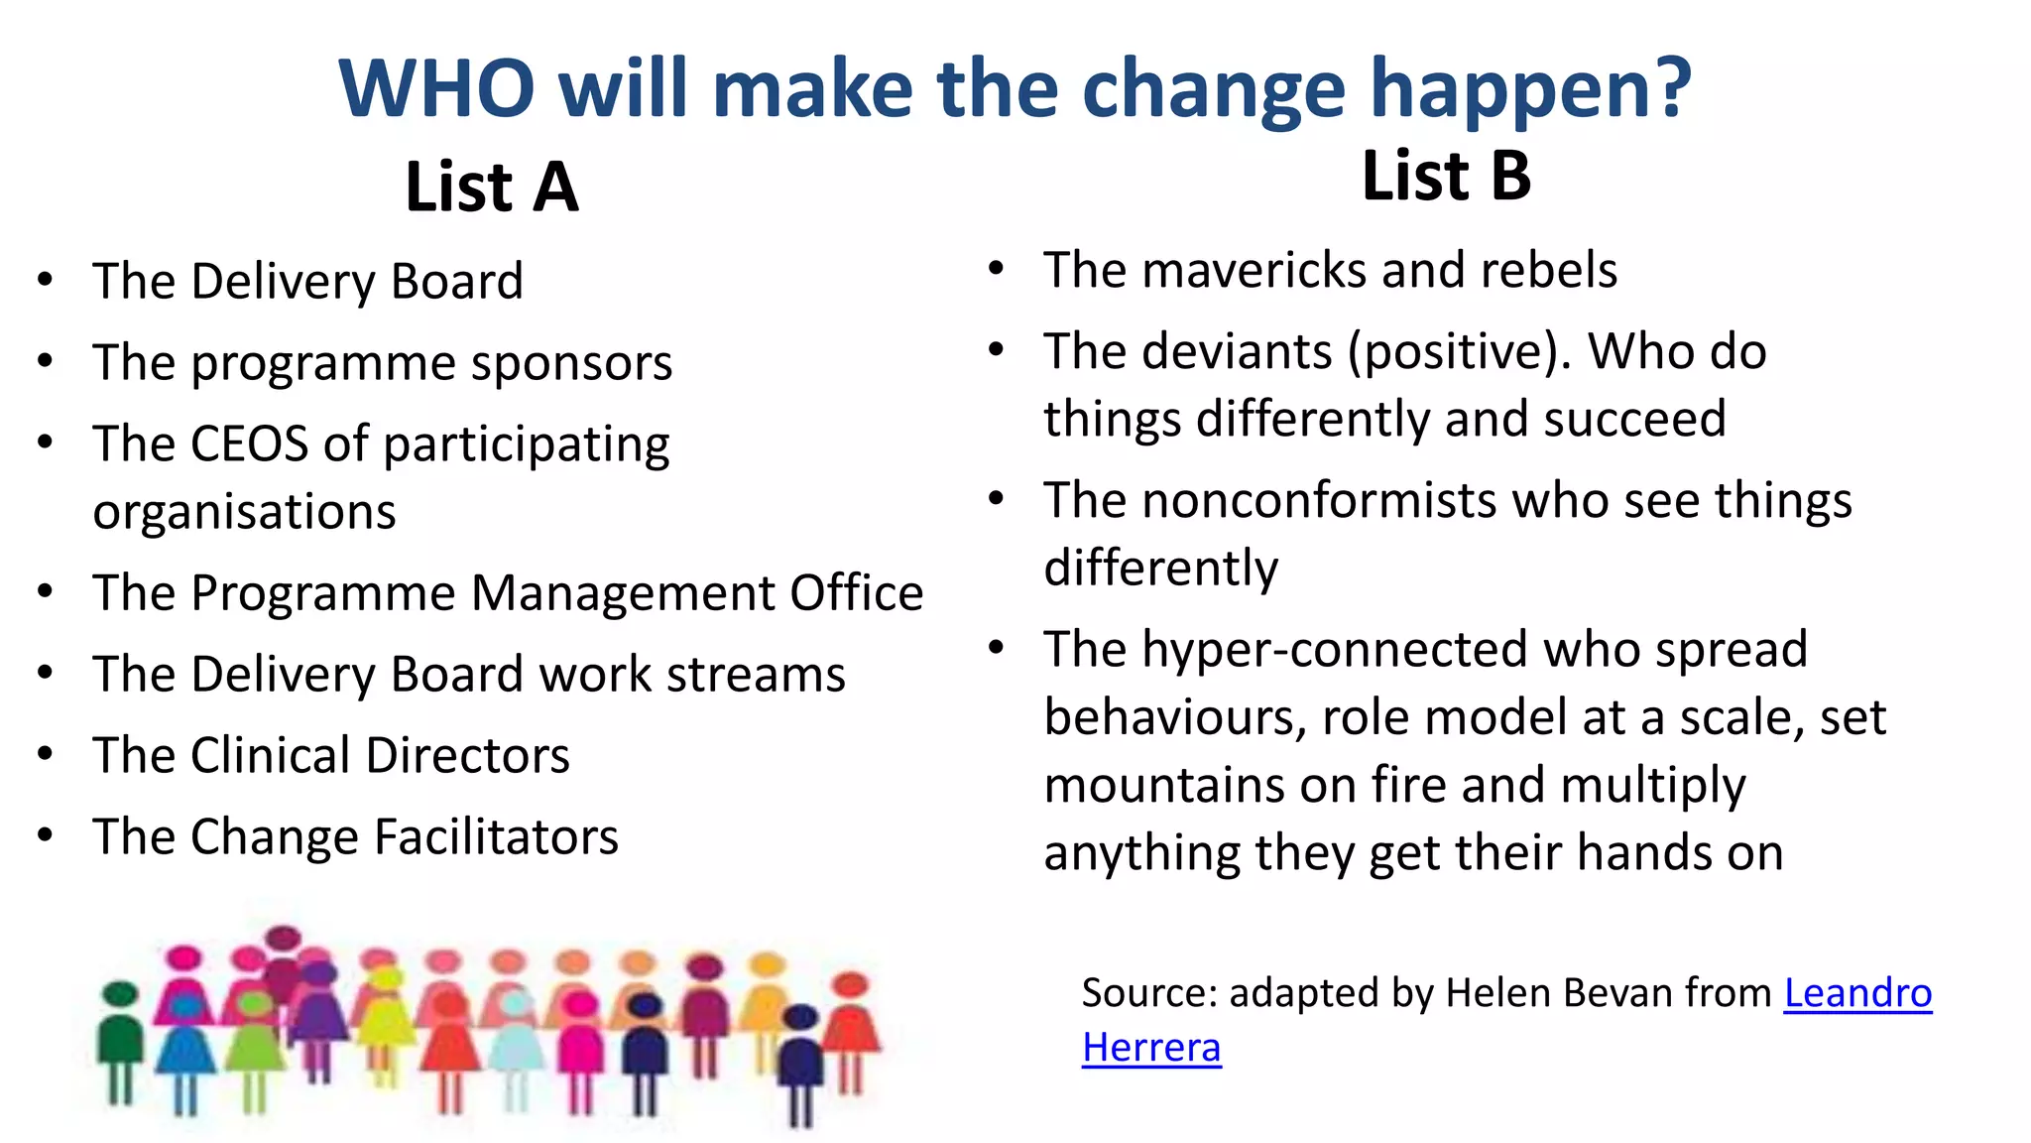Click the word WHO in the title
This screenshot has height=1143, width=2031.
tap(436, 89)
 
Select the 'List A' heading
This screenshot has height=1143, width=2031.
tap(491, 188)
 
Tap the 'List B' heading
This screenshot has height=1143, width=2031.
tap(1446, 177)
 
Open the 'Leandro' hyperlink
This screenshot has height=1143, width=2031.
tap(1857, 993)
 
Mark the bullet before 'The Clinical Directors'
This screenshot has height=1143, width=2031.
tap(45, 755)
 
